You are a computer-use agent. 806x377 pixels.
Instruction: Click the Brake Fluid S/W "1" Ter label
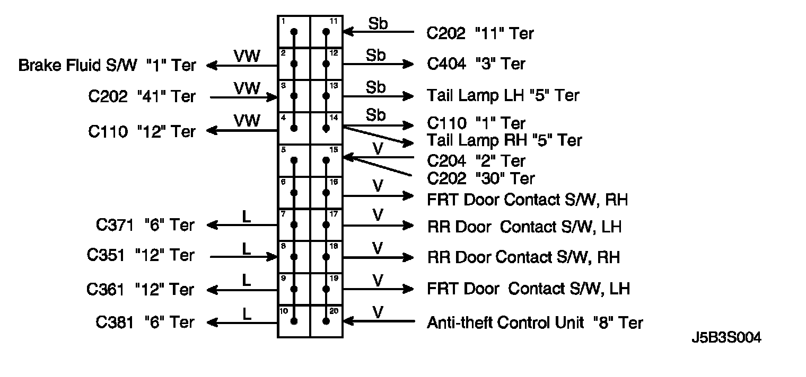[x=107, y=66]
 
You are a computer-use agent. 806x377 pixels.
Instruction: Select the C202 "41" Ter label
[x=142, y=97]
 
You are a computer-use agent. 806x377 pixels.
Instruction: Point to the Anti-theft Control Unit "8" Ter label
[x=535, y=322]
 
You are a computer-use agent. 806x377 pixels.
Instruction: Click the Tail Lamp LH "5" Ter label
[x=503, y=95]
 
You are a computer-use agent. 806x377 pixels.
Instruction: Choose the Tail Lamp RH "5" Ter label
[x=504, y=140]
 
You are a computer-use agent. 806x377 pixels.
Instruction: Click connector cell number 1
[x=294, y=32]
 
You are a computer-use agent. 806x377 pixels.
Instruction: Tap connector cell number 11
[x=326, y=32]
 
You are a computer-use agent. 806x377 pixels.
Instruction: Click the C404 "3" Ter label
[x=476, y=64]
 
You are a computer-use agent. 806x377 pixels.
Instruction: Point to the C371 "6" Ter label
[x=145, y=225]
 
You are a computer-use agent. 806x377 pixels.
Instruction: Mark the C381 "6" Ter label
[x=145, y=322]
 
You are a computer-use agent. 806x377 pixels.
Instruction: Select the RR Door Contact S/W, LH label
[x=524, y=227]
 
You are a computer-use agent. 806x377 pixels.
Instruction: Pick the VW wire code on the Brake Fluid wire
[x=247, y=56]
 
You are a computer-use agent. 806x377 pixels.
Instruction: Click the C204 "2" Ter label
[x=476, y=160]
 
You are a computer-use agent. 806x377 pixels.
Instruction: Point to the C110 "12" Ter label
[x=142, y=131]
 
